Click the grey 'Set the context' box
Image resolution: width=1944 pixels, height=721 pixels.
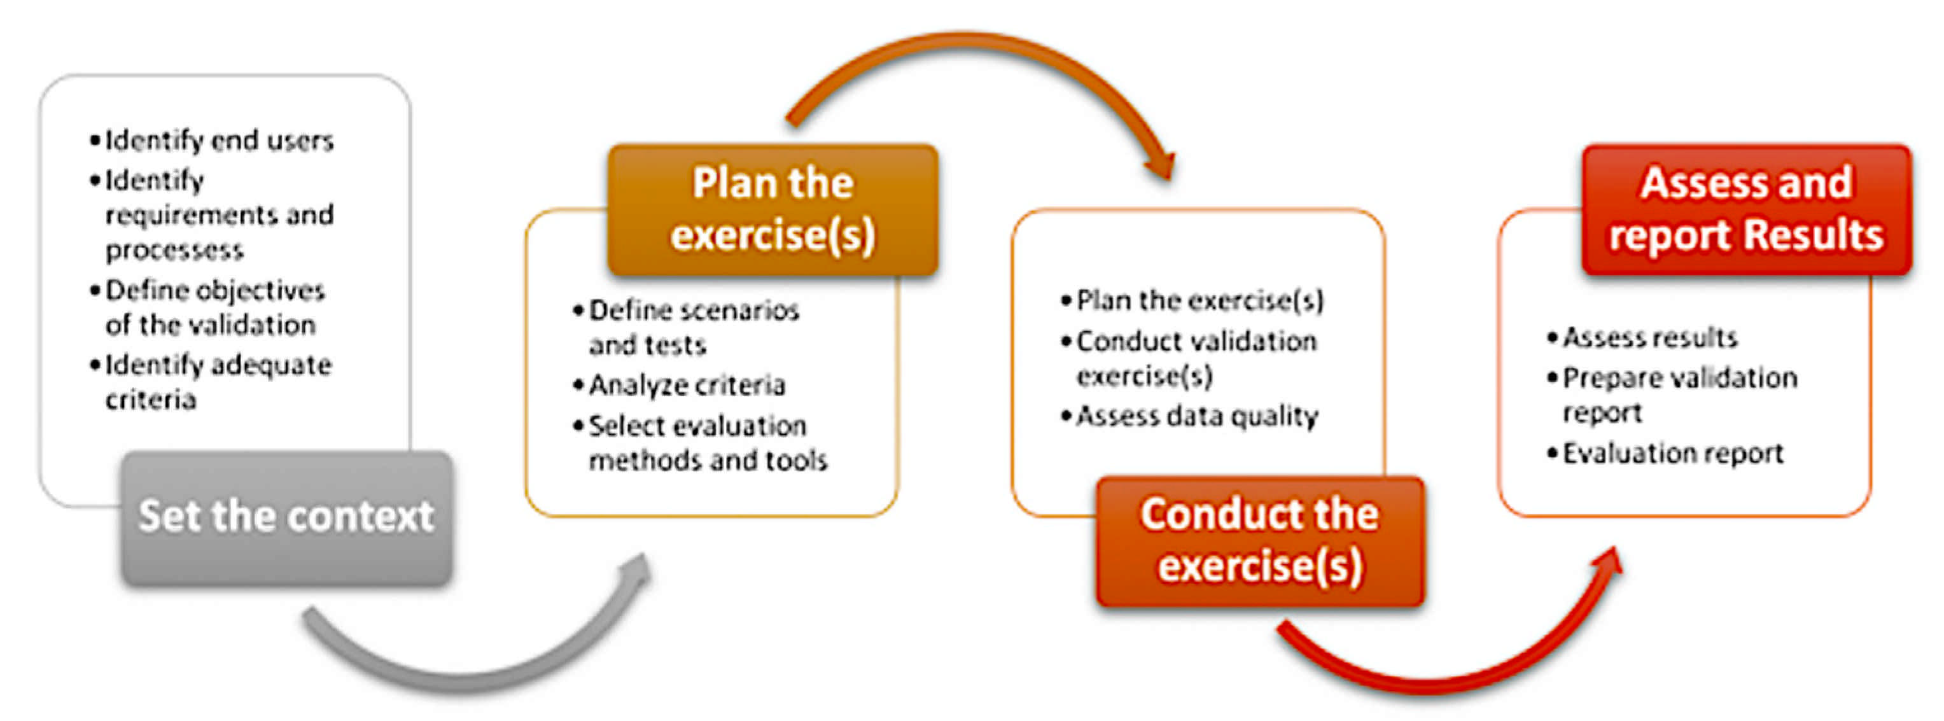tap(287, 518)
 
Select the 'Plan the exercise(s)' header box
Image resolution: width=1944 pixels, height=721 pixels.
tap(773, 210)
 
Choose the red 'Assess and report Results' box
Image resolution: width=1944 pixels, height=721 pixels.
tap(1746, 210)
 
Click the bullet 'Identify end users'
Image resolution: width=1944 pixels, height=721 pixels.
tap(211, 141)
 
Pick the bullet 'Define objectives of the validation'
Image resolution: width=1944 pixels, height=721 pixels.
tap(207, 307)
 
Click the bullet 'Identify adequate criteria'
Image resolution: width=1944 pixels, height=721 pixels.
tap(211, 382)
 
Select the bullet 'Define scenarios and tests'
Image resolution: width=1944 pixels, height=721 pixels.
tap(686, 327)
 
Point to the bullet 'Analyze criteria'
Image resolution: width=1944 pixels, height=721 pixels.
tap(679, 385)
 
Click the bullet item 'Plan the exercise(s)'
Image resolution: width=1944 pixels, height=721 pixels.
tap(1192, 300)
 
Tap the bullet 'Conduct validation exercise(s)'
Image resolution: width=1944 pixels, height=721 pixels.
tap(1189, 358)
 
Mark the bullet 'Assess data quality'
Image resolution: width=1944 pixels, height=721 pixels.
tap(1189, 416)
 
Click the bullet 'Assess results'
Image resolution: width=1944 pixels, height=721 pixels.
tap(1642, 337)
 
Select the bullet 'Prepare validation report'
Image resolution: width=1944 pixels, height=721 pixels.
tap(1672, 395)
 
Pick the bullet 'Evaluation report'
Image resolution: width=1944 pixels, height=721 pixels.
tap(1665, 453)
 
